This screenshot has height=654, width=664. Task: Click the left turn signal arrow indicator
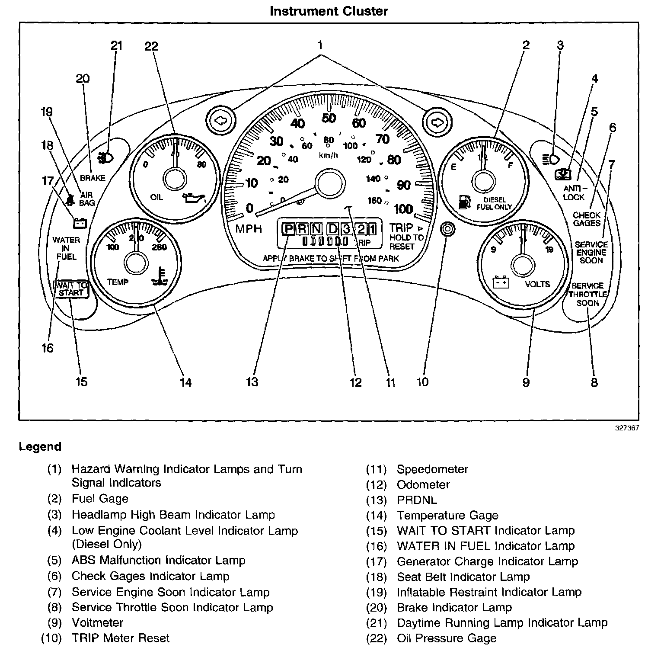[x=220, y=121]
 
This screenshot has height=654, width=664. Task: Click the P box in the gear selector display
[x=288, y=228]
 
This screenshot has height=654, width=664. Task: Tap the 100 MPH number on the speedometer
[x=403, y=209]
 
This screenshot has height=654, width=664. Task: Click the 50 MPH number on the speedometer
[x=329, y=118]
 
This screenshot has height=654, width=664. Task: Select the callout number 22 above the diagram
[x=152, y=46]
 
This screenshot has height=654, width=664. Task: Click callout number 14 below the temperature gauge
[x=185, y=382]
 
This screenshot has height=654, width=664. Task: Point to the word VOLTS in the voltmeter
[x=537, y=284]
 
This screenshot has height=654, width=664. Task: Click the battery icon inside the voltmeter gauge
[x=501, y=283]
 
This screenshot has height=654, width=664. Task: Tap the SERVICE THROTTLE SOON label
[x=587, y=294]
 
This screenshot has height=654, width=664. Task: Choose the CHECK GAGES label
[x=587, y=219]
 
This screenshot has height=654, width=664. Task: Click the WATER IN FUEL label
[x=66, y=248]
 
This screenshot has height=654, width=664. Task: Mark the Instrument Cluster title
[x=329, y=11]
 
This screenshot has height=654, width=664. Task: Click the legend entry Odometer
[x=423, y=484]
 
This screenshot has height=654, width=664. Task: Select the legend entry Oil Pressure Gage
[x=447, y=638]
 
